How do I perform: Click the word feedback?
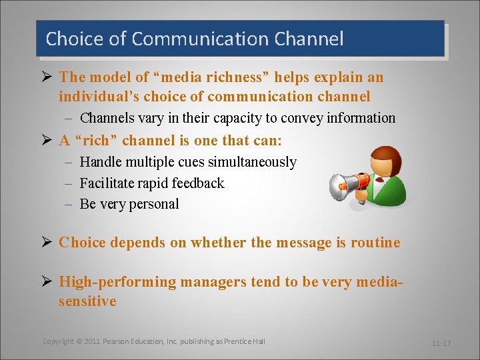pyautogui.click(x=198, y=183)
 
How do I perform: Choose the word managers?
pyautogui.click(x=214, y=282)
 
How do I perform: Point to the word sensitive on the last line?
pyautogui.click(x=87, y=301)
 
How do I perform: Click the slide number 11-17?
pyautogui.click(x=441, y=343)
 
